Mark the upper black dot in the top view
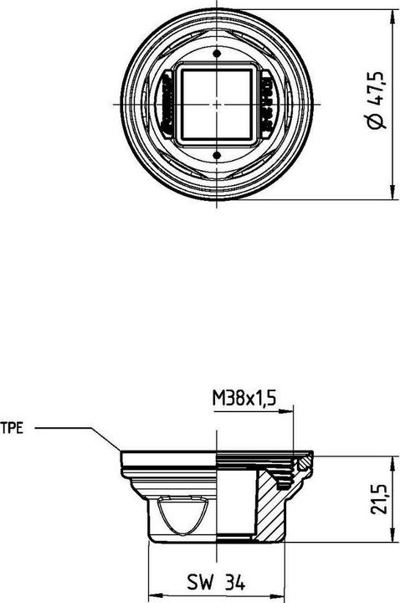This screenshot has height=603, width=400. tap(218, 54)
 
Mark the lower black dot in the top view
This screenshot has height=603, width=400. tap(218, 153)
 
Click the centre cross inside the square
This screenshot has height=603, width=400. tap(218, 103)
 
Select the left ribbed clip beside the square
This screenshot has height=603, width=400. tap(167, 103)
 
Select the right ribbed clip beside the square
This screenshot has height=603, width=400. tap(268, 103)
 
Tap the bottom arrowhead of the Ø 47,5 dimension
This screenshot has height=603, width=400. tap(393, 196)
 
